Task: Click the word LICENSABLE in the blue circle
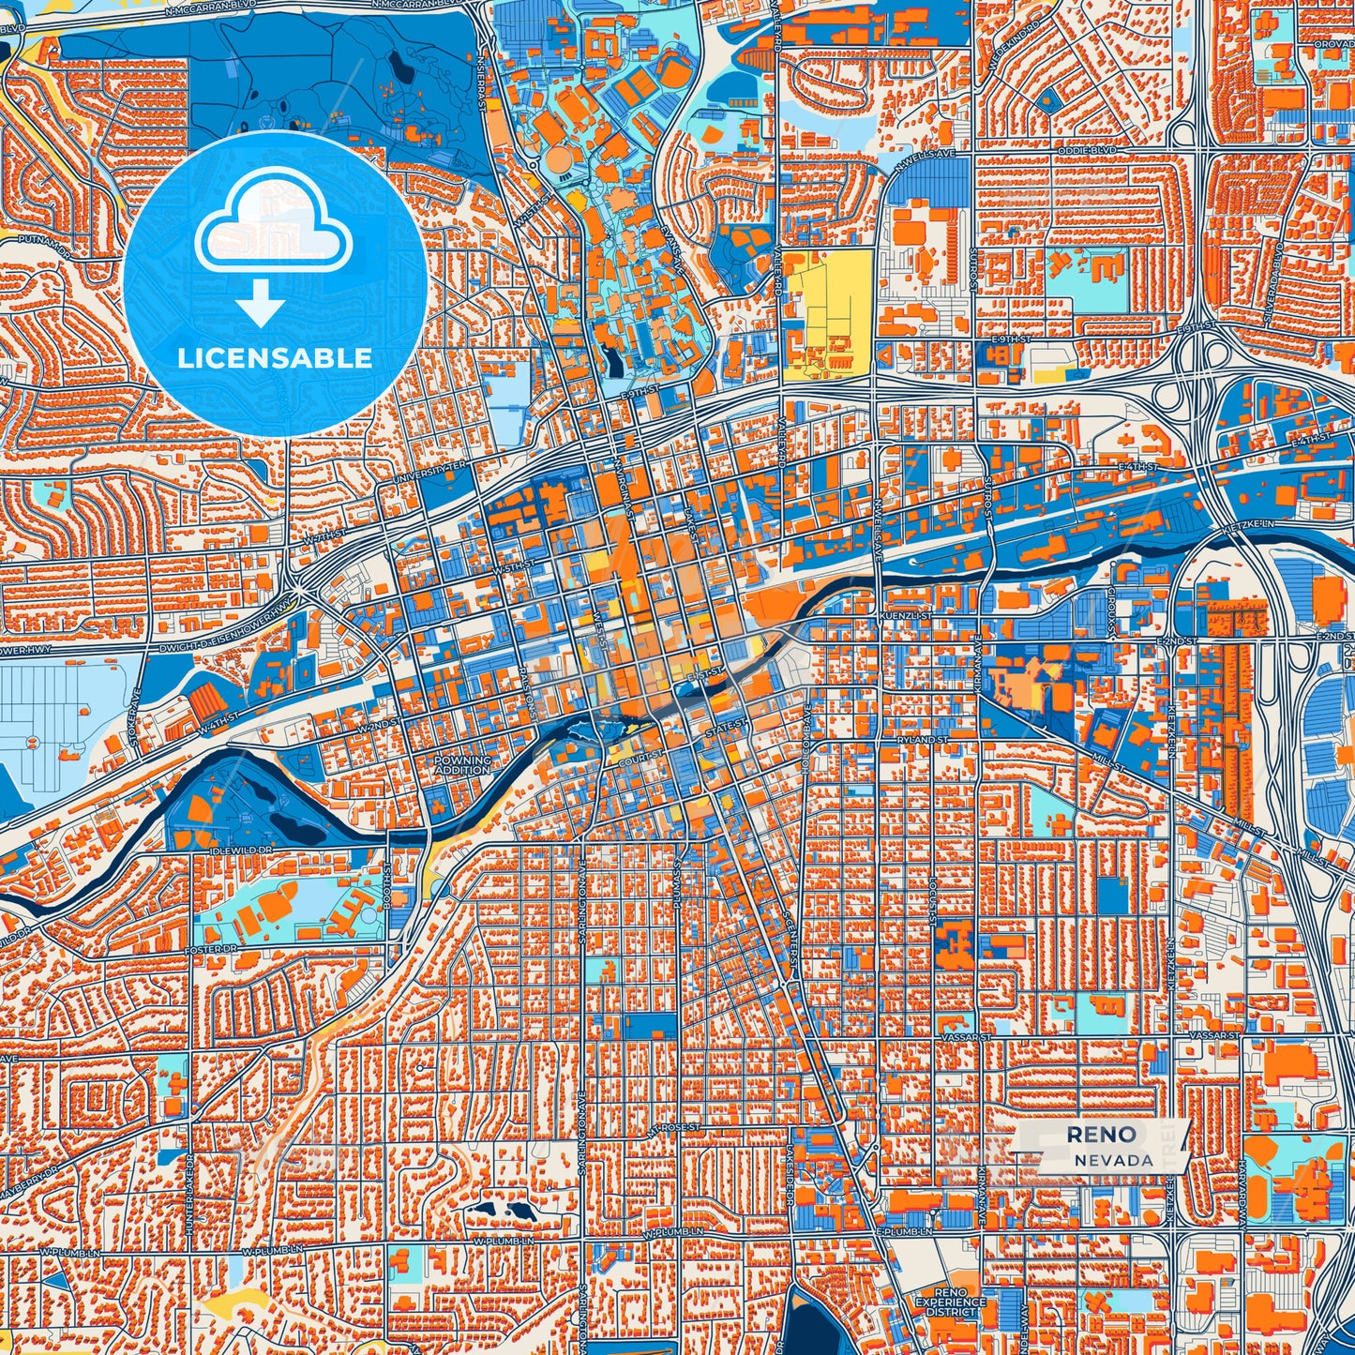click(275, 358)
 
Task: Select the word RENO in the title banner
click(1100, 1135)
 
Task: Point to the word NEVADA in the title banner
click(1114, 1160)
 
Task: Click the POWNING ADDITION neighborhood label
click(462, 765)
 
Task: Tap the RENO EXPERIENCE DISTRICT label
click(951, 1302)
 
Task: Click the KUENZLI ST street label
click(906, 616)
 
